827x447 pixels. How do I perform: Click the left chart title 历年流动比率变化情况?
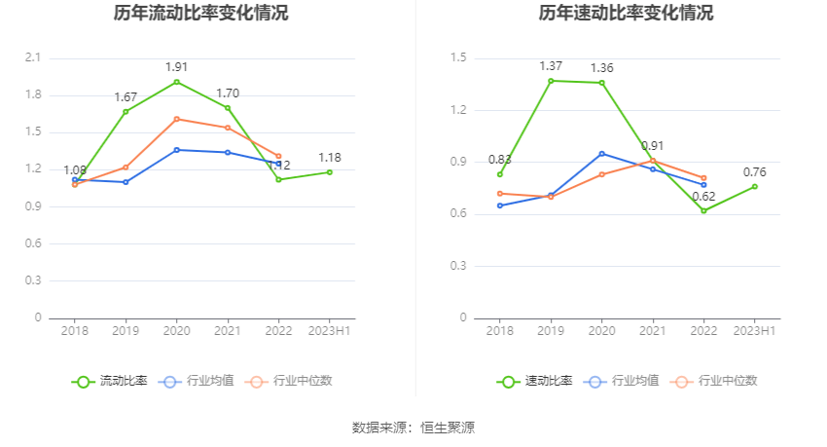coord(201,14)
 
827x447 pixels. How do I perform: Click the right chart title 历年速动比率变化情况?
coord(626,14)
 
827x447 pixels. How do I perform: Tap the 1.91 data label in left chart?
coord(176,67)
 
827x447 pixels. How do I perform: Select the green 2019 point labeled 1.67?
coord(126,112)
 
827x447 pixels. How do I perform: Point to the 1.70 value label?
coord(228,93)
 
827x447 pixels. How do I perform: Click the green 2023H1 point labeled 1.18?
coord(330,172)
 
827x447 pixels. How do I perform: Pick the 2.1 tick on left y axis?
coord(33,58)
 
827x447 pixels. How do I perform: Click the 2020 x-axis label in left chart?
coord(176,332)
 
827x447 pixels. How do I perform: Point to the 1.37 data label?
coord(551,66)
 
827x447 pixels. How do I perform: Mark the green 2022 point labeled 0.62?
coord(703,210)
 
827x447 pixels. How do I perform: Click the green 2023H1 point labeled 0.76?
coord(755,186)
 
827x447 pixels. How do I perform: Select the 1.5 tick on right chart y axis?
coord(458,58)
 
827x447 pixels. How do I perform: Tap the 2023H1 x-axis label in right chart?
coord(755,332)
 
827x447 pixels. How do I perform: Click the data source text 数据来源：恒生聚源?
coord(413,428)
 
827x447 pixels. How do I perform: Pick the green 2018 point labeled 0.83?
coord(500,174)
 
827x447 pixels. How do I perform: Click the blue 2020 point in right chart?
coord(601,154)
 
